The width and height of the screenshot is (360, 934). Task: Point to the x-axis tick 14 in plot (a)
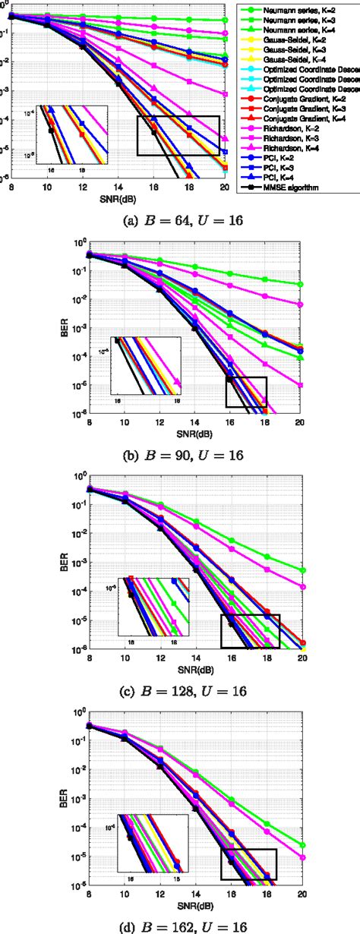118,187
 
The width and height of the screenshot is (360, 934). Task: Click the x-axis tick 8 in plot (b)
89,421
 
